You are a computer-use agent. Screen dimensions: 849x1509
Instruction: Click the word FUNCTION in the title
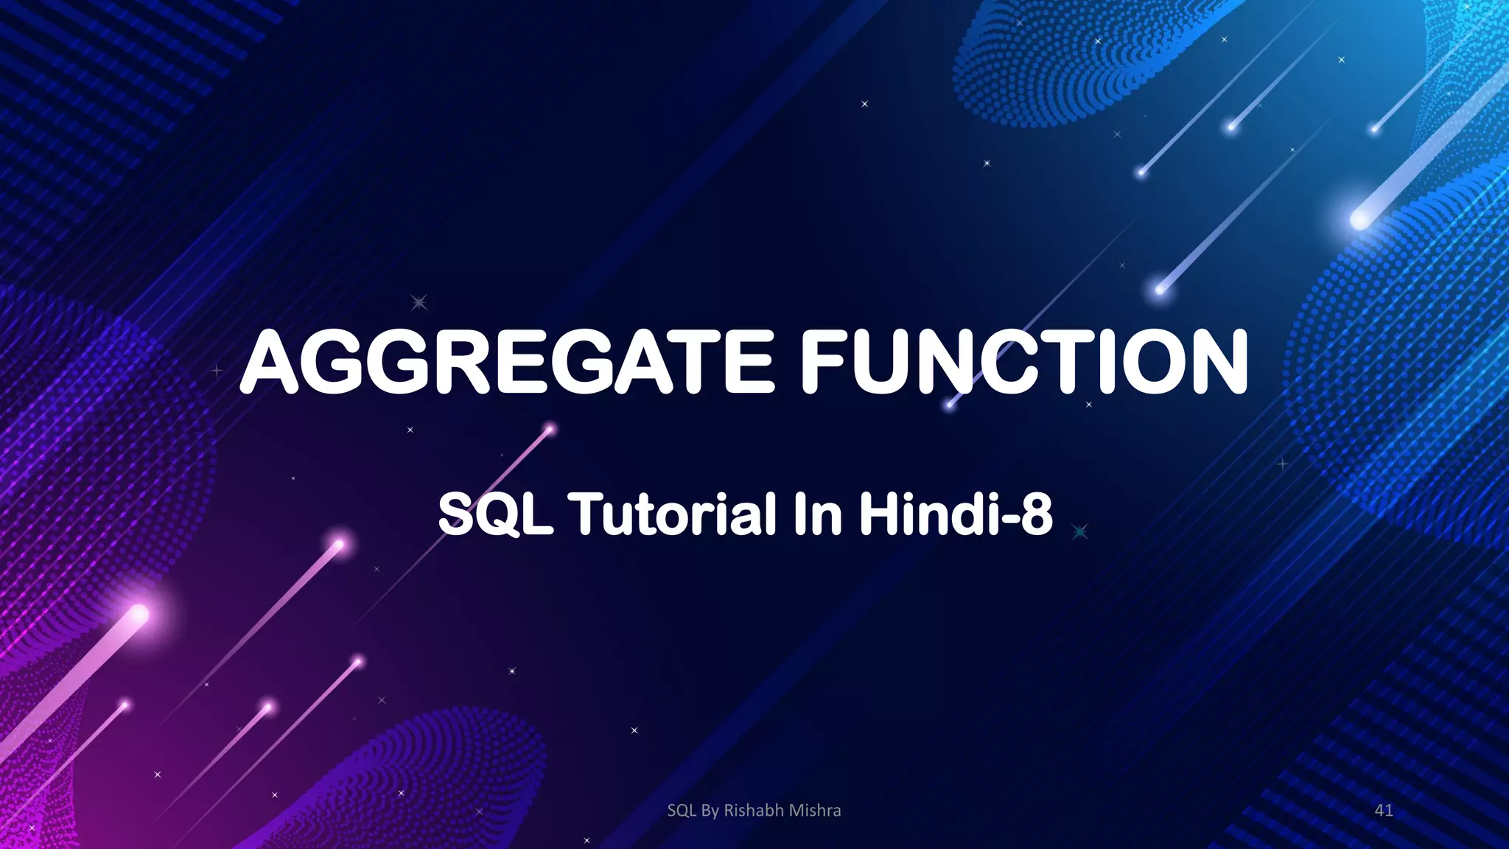point(1024,362)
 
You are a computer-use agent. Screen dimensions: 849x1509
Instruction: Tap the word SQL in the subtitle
point(495,514)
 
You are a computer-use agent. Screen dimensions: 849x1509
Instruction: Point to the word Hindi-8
point(956,514)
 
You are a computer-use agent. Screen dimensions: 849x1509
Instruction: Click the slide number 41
point(1384,810)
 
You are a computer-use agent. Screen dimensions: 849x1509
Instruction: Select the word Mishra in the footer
point(815,810)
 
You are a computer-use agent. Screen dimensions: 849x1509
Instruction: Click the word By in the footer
point(710,810)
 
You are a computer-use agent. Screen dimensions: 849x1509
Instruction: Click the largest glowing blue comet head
point(1359,218)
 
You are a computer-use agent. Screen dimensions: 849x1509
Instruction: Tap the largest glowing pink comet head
point(139,613)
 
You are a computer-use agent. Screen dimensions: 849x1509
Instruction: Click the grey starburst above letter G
point(419,302)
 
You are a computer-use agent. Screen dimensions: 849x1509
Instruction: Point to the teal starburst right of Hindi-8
point(1080,531)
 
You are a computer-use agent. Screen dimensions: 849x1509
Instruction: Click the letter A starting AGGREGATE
point(271,362)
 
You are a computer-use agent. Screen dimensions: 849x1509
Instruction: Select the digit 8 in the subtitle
point(1037,514)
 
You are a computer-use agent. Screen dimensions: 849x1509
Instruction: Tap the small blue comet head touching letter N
point(950,404)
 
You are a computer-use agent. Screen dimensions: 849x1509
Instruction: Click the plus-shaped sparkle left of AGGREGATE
point(216,371)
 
